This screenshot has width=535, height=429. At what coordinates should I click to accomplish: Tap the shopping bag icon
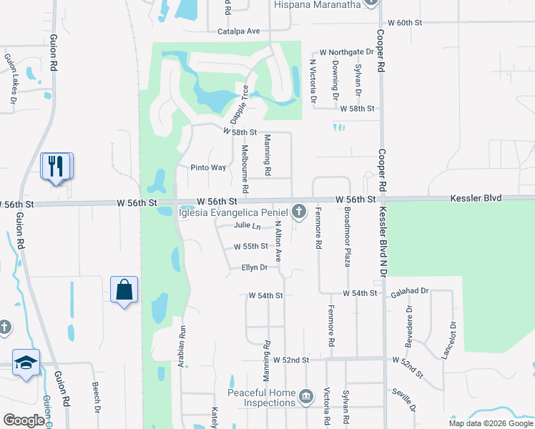point(124,290)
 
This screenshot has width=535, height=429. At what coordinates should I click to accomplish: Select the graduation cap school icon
point(26,362)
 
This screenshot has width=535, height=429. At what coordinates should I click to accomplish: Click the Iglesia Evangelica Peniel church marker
point(298,212)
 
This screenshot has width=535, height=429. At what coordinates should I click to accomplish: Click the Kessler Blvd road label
point(476,198)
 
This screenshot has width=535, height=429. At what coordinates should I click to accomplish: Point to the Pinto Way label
point(208,167)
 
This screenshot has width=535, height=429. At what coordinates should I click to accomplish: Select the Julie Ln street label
point(247,225)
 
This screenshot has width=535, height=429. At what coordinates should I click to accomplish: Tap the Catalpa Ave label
point(239,31)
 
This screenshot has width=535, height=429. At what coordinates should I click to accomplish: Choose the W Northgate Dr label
point(346,52)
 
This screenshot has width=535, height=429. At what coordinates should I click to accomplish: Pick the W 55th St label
point(250,247)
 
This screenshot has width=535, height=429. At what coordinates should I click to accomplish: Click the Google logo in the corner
point(24,420)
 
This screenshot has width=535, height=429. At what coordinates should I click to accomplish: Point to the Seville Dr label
point(405,399)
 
